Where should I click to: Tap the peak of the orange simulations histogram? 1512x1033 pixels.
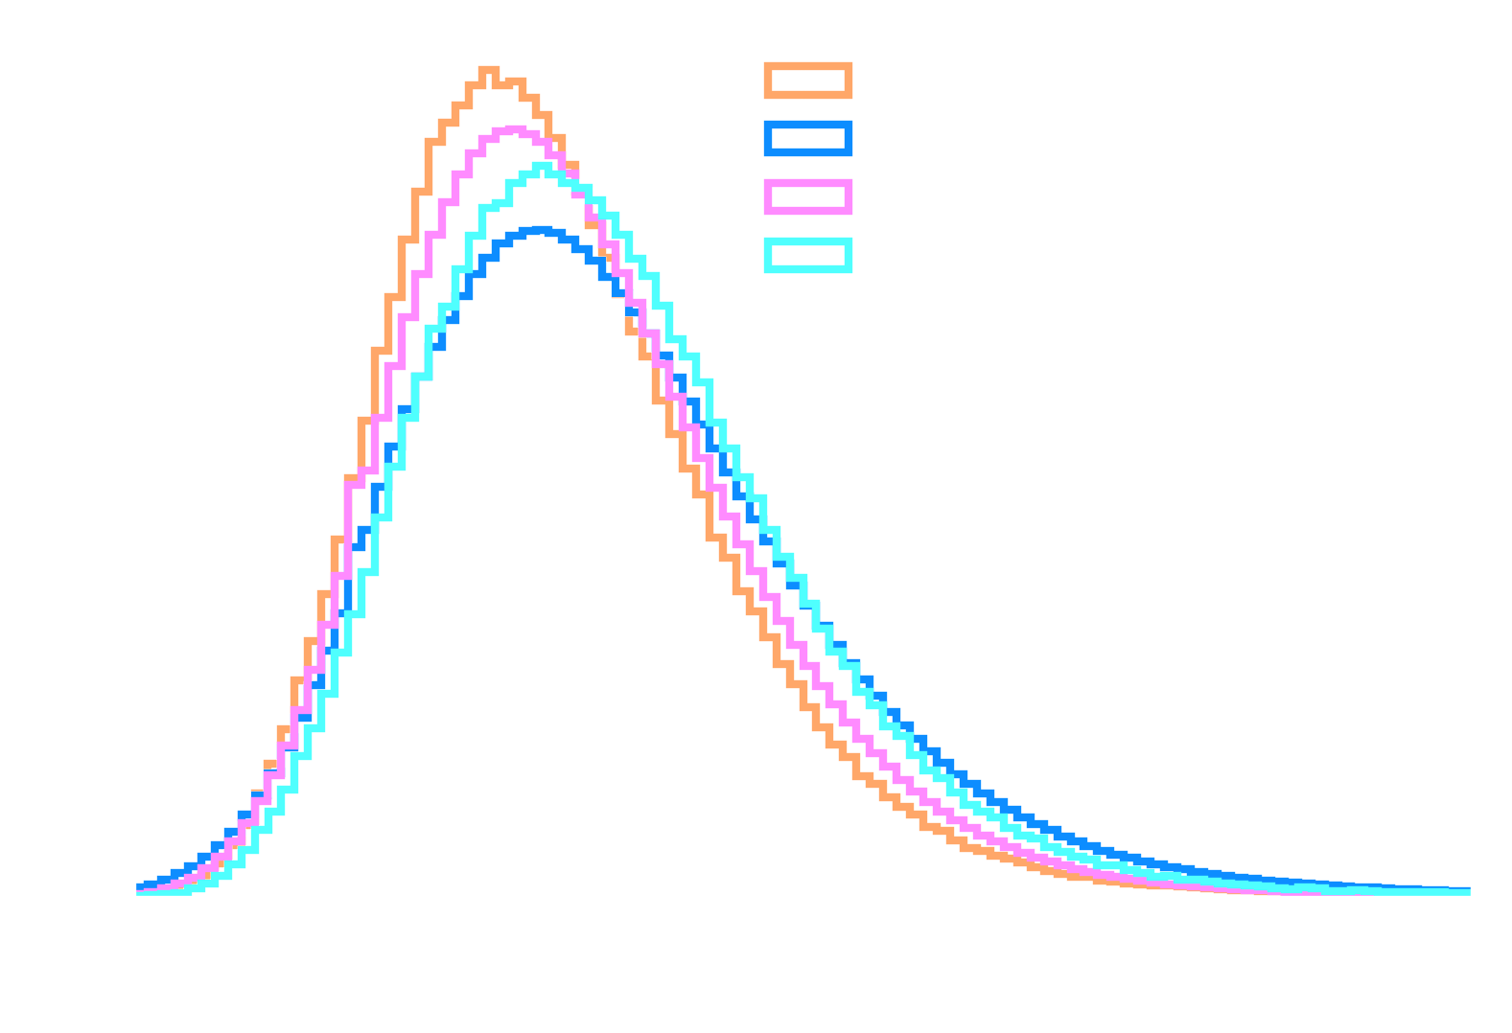pos(489,70)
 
